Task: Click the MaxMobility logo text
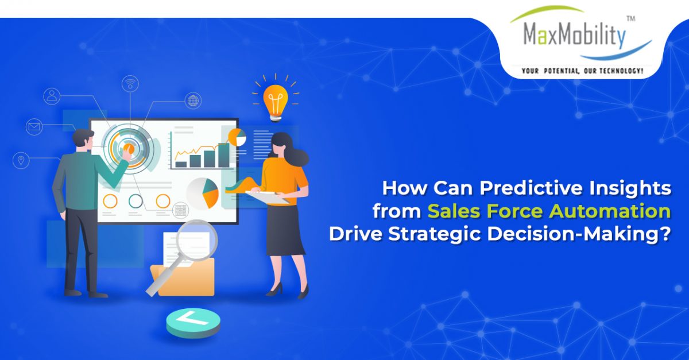[x=574, y=36]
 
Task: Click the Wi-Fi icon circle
[x=130, y=83]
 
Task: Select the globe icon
[x=193, y=100]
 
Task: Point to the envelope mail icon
[x=34, y=126]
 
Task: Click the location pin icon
[x=21, y=160]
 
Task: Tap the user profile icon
[x=52, y=96]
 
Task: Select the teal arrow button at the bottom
[x=193, y=323]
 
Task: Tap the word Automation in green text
[x=610, y=211]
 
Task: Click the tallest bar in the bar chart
[x=223, y=156]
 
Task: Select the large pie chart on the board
[x=203, y=192]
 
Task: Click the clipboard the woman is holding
[x=268, y=196]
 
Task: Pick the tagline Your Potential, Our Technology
[x=582, y=71]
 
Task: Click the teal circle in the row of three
[x=136, y=201]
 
